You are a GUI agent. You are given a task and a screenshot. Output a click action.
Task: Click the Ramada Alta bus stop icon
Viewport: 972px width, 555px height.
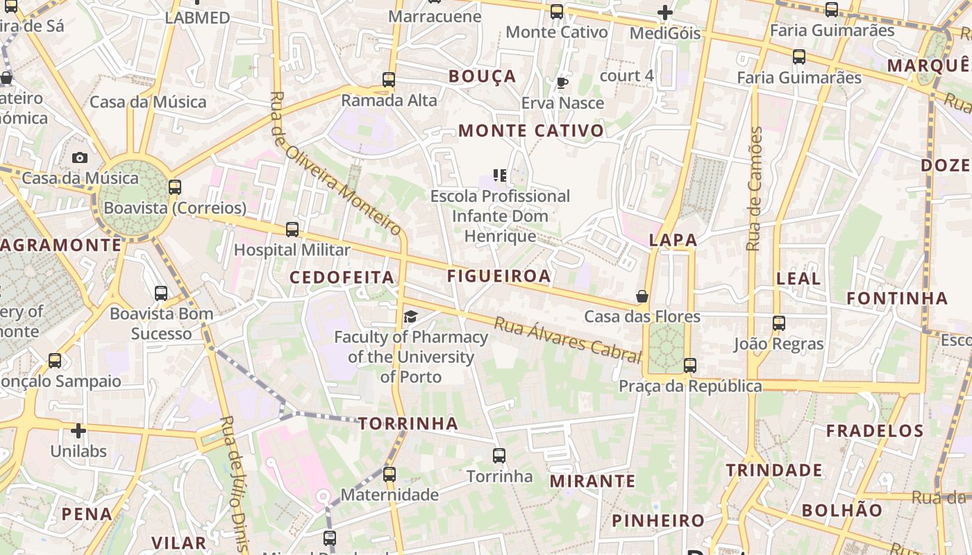389,80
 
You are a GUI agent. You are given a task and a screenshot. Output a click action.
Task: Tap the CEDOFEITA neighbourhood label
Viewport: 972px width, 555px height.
342,277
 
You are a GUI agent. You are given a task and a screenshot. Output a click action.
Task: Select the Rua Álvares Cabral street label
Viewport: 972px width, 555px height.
567,340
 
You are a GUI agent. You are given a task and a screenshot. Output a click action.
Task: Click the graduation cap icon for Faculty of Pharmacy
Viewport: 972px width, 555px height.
411,317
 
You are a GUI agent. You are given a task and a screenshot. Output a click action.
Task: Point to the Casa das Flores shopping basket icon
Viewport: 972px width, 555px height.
642,296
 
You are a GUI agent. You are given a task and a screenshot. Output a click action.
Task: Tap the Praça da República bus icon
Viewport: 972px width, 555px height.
690,365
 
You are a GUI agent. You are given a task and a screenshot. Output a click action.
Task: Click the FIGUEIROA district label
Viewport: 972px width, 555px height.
498,276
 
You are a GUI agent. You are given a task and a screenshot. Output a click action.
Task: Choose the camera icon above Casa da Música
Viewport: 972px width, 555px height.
80,157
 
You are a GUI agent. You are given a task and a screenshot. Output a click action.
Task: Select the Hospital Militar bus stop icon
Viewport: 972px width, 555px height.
292,229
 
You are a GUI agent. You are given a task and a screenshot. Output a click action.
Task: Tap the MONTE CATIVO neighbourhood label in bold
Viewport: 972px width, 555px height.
531,130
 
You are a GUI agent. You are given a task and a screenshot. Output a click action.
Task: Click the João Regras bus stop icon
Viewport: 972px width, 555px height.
779,323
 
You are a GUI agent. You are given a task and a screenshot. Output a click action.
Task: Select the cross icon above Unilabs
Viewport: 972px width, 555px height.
78,431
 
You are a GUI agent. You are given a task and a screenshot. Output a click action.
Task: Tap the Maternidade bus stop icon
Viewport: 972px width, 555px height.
389,475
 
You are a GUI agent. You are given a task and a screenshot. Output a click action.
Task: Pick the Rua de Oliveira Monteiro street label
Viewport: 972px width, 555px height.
336,164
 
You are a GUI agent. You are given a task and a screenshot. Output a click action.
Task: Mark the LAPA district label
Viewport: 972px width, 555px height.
673,240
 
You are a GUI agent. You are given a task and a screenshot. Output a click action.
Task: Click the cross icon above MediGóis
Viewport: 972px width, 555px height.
665,12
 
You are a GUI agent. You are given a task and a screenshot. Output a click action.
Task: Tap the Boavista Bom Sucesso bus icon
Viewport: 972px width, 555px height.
161,293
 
